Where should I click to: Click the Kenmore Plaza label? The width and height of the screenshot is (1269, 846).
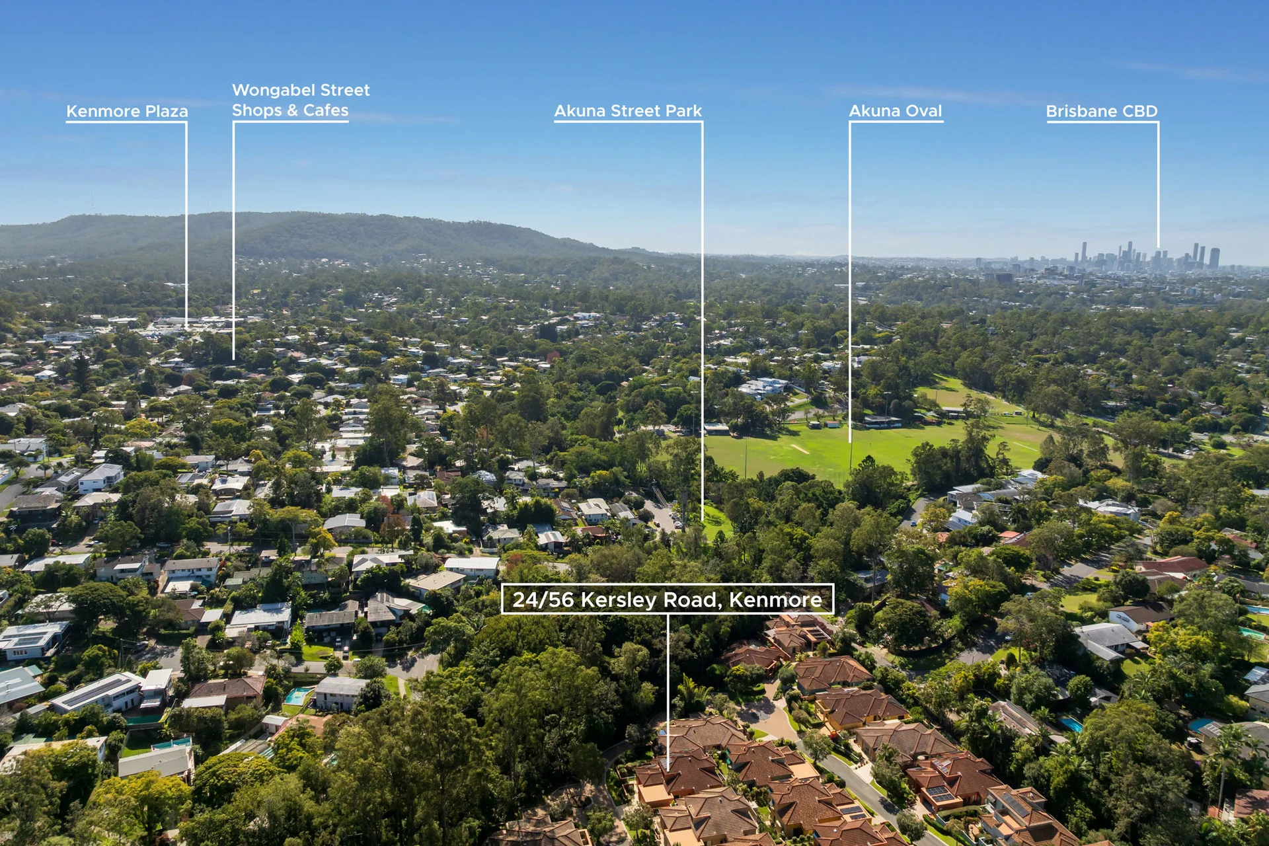pyautogui.click(x=127, y=111)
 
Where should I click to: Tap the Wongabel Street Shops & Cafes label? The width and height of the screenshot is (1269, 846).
pyautogui.click(x=301, y=100)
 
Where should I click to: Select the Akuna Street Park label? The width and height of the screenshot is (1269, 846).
pyautogui.click(x=628, y=111)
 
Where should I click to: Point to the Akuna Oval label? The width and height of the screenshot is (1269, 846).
pyautogui.click(x=896, y=111)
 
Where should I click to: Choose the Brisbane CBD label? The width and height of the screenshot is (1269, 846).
pyautogui.click(x=1102, y=111)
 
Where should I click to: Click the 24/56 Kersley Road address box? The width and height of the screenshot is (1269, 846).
pyautogui.click(x=668, y=599)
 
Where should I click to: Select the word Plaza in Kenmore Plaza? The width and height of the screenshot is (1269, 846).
pyautogui.click(x=167, y=111)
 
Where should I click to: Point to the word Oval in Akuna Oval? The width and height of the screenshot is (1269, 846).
pyautogui.click(x=924, y=111)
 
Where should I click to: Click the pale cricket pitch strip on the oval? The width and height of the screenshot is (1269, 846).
pyautogui.click(x=800, y=449)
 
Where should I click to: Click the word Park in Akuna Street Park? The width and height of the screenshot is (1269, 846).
pyautogui.click(x=683, y=111)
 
